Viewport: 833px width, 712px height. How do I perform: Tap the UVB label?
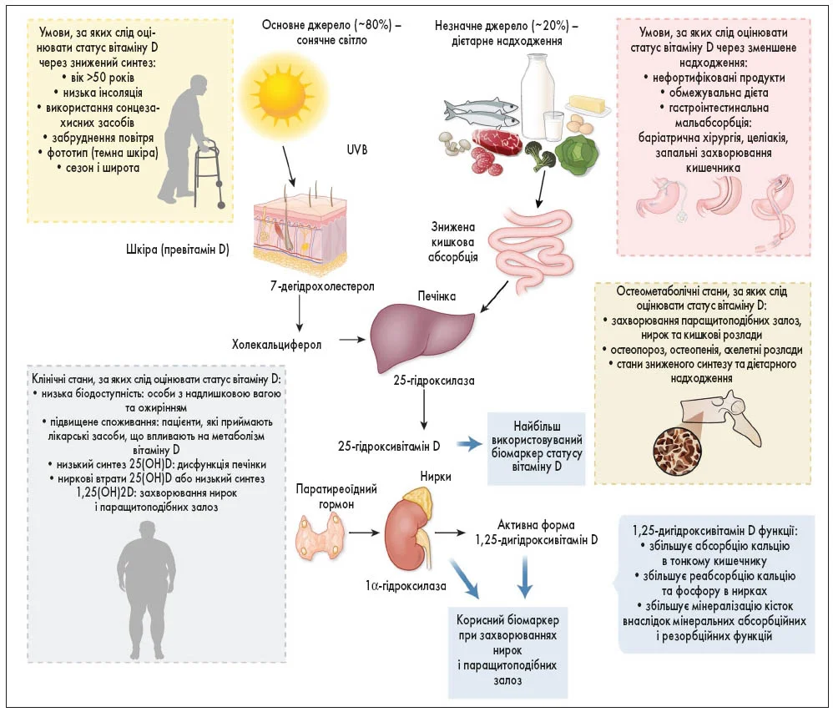[x=358, y=150]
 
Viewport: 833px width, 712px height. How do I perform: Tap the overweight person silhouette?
[x=154, y=588]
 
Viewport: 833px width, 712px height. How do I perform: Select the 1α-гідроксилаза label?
[x=405, y=585]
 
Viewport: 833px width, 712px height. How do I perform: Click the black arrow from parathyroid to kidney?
[x=362, y=531]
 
